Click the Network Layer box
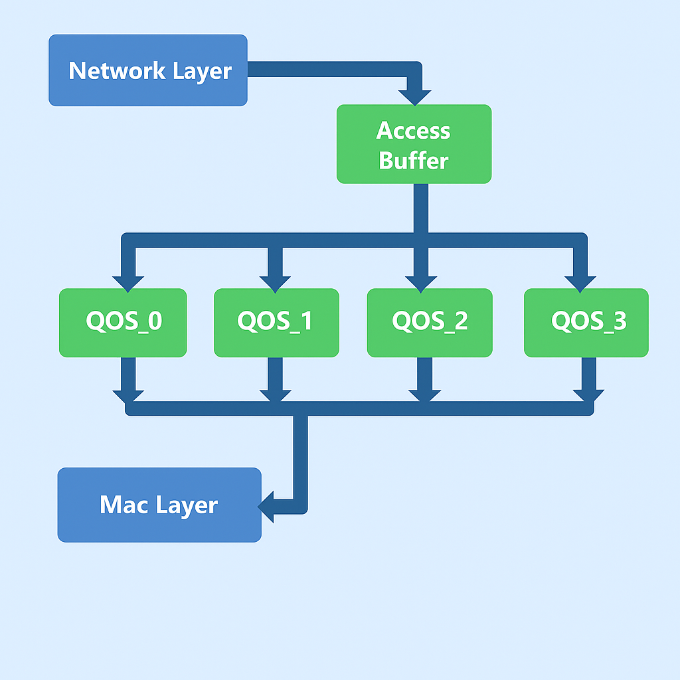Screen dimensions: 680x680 point(147,70)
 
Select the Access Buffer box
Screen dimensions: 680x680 point(414,144)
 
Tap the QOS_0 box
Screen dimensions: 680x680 point(123,322)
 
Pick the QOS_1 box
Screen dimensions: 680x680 point(276,322)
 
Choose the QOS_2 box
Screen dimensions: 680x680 point(430,322)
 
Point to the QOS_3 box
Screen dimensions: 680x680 point(586,322)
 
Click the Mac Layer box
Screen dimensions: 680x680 point(159,505)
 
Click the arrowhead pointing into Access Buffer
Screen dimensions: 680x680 point(414,96)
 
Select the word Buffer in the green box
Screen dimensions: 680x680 point(413,161)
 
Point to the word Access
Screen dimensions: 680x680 point(413,131)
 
